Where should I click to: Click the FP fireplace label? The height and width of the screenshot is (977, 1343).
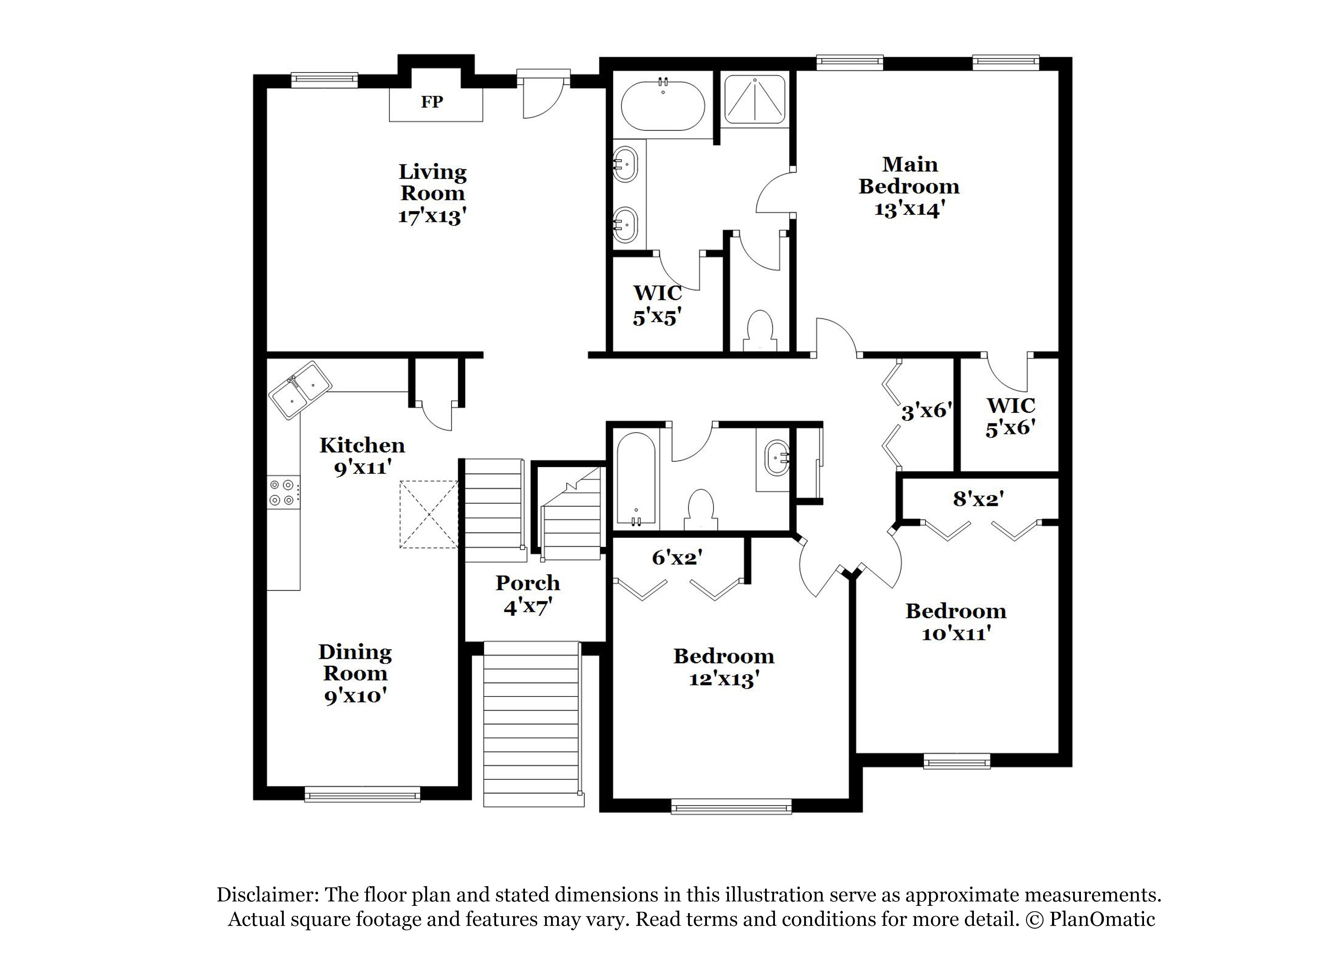[432, 102]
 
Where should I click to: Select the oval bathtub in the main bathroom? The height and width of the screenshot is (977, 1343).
[663, 107]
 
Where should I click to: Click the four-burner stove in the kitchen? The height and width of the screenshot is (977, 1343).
[282, 492]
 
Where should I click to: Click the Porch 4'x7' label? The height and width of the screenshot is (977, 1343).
[527, 595]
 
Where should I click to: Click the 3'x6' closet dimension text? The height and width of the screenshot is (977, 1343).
[927, 411]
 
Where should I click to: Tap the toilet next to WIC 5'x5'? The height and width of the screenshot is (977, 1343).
[760, 332]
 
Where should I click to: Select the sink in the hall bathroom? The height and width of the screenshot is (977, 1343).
[776, 458]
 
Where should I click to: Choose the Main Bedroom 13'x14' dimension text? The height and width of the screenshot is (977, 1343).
[908, 209]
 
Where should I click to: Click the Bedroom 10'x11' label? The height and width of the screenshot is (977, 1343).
[956, 622]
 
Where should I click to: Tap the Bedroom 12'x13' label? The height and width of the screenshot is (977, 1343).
[724, 667]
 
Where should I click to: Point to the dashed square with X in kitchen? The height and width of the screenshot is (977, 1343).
[429, 514]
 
